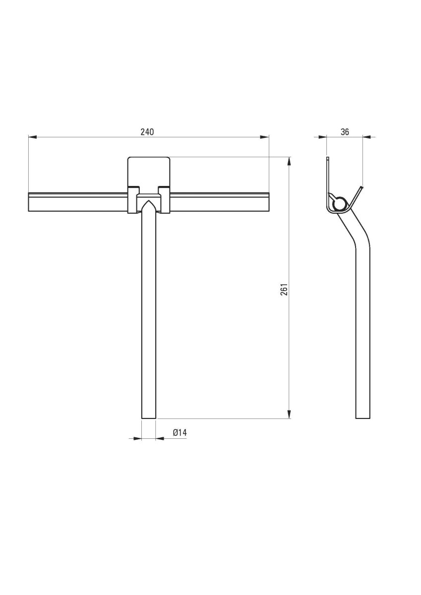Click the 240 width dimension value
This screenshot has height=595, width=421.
[147, 132]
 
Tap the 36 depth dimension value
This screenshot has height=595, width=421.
[345, 132]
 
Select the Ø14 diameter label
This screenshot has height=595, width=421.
[180, 433]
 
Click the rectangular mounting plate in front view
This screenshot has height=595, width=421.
[149, 171]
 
